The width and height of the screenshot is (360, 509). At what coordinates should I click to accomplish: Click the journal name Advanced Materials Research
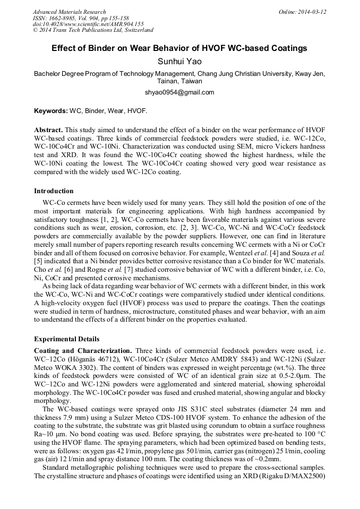pyautogui.click(x=69, y=12)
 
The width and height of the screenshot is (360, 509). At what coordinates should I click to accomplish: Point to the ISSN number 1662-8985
pyautogui.click(x=67, y=18)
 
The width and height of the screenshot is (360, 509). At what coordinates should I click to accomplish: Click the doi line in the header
pyautogui.click(x=88, y=24)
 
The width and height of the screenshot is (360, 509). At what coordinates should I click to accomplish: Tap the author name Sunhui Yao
pyautogui.click(x=179, y=62)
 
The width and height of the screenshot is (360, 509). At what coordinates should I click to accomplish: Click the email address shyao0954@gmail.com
pyautogui.click(x=179, y=92)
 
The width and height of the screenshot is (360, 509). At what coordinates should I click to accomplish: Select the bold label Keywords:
pyautogui.click(x=51, y=111)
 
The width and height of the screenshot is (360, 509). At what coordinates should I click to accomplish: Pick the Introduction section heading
pyautogui.click(x=54, y=191)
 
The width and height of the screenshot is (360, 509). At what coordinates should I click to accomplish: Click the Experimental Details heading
pyautogui.click(x=66, y=339)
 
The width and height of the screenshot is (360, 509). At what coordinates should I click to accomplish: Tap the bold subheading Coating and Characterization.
pyautogui.click(x=83, y=351)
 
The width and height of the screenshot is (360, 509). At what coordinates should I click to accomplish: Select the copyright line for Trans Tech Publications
pyautogui.click(x=93, y=30)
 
